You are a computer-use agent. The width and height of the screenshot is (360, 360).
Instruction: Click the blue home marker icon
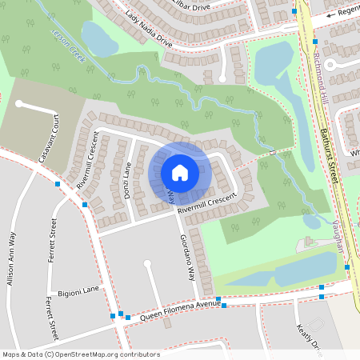coord(180,173)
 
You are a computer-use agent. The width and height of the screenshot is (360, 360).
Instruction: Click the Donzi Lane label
coord(126,180)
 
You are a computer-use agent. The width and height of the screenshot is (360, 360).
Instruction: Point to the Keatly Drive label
coord(310,336)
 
